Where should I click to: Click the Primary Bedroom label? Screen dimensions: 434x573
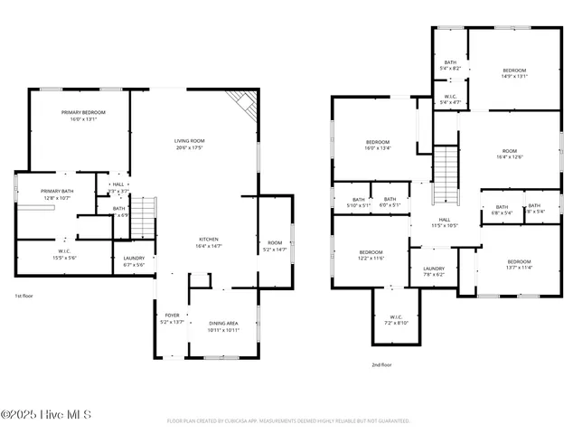pyautogui.click(x=83, y=115)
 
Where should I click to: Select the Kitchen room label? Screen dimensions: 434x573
pyautogui.click(x=209, y=242)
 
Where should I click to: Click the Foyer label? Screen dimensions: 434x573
pyautogui.click(x=172, y=318)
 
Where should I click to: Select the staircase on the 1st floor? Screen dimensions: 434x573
pyautogui.click(x=144, y=216)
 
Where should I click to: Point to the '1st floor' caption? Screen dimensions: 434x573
pyautogui.click(x=24, y=296)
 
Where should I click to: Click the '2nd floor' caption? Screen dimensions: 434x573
pyautogui.click(x=381, y=364)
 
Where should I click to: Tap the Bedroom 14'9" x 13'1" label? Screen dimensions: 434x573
pyautogui.click(x=514, y=73)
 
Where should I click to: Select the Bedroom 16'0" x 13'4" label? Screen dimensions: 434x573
pyautogui.click(x=377, y=145)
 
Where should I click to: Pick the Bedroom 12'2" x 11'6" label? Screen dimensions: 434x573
pyautogui.click(x=371, y=255)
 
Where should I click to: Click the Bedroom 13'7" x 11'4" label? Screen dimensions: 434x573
pyautogui.click(x=519, y=264)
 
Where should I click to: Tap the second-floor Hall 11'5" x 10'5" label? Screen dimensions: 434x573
pyautogui.click(x=445, y=222)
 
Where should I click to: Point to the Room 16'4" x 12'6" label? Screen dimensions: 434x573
pyautogui.click(x=510, y=154)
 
